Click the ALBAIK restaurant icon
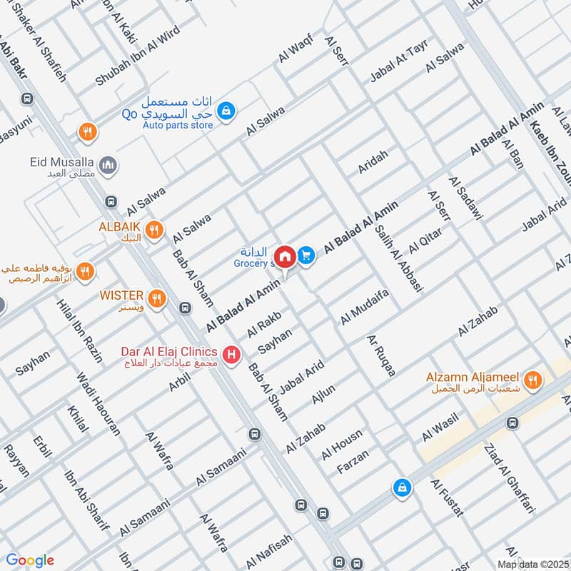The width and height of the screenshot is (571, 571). pos(153,231)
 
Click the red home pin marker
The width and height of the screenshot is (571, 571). pos(285,256)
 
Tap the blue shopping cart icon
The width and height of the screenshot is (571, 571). pos(307,254)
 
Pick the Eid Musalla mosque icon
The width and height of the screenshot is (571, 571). pos(108,166)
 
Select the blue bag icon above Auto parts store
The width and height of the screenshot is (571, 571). pos(226,111)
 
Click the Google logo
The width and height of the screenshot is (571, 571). pos(30,560)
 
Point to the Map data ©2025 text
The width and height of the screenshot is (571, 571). pos(532,564)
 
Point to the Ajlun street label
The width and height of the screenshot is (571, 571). pos(323,395)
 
